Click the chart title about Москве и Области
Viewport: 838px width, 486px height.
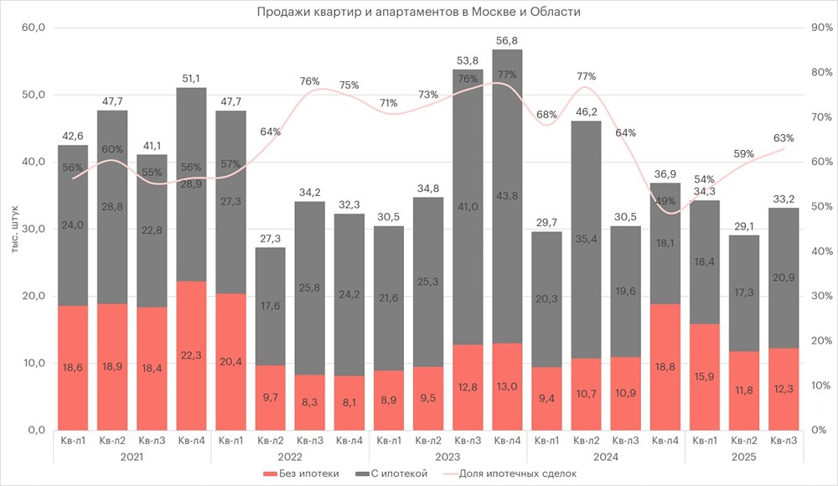point(419,12)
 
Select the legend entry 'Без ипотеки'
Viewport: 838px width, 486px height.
point(308,473)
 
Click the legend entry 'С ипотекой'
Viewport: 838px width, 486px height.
point(399,473)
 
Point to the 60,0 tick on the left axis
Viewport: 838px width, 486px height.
point(34,28)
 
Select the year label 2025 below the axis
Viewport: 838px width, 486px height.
point(743,457)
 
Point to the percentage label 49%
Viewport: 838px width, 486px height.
point(664,201)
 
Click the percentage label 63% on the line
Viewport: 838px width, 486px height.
point(783,138)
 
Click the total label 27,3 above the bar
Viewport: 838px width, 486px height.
point(270,238)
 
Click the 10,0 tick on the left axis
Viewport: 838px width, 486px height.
point(34,363)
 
